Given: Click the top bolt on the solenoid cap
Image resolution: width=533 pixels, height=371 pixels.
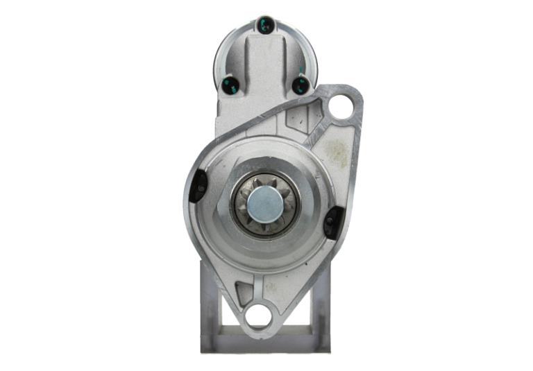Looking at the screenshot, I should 265,26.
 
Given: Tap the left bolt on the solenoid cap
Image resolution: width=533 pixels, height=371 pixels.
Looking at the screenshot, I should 230,85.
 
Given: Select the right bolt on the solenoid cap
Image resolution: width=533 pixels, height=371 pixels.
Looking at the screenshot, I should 301,85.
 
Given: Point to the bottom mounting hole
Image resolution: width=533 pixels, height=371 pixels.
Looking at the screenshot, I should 257,316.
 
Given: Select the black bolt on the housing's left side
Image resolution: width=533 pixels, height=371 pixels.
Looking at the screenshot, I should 198,185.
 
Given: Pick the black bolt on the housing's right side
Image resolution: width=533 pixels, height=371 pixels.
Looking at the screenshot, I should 332,221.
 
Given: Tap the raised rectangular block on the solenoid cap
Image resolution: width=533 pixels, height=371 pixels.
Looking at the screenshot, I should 266,66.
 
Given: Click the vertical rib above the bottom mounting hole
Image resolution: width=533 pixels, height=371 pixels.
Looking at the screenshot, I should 258,286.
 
